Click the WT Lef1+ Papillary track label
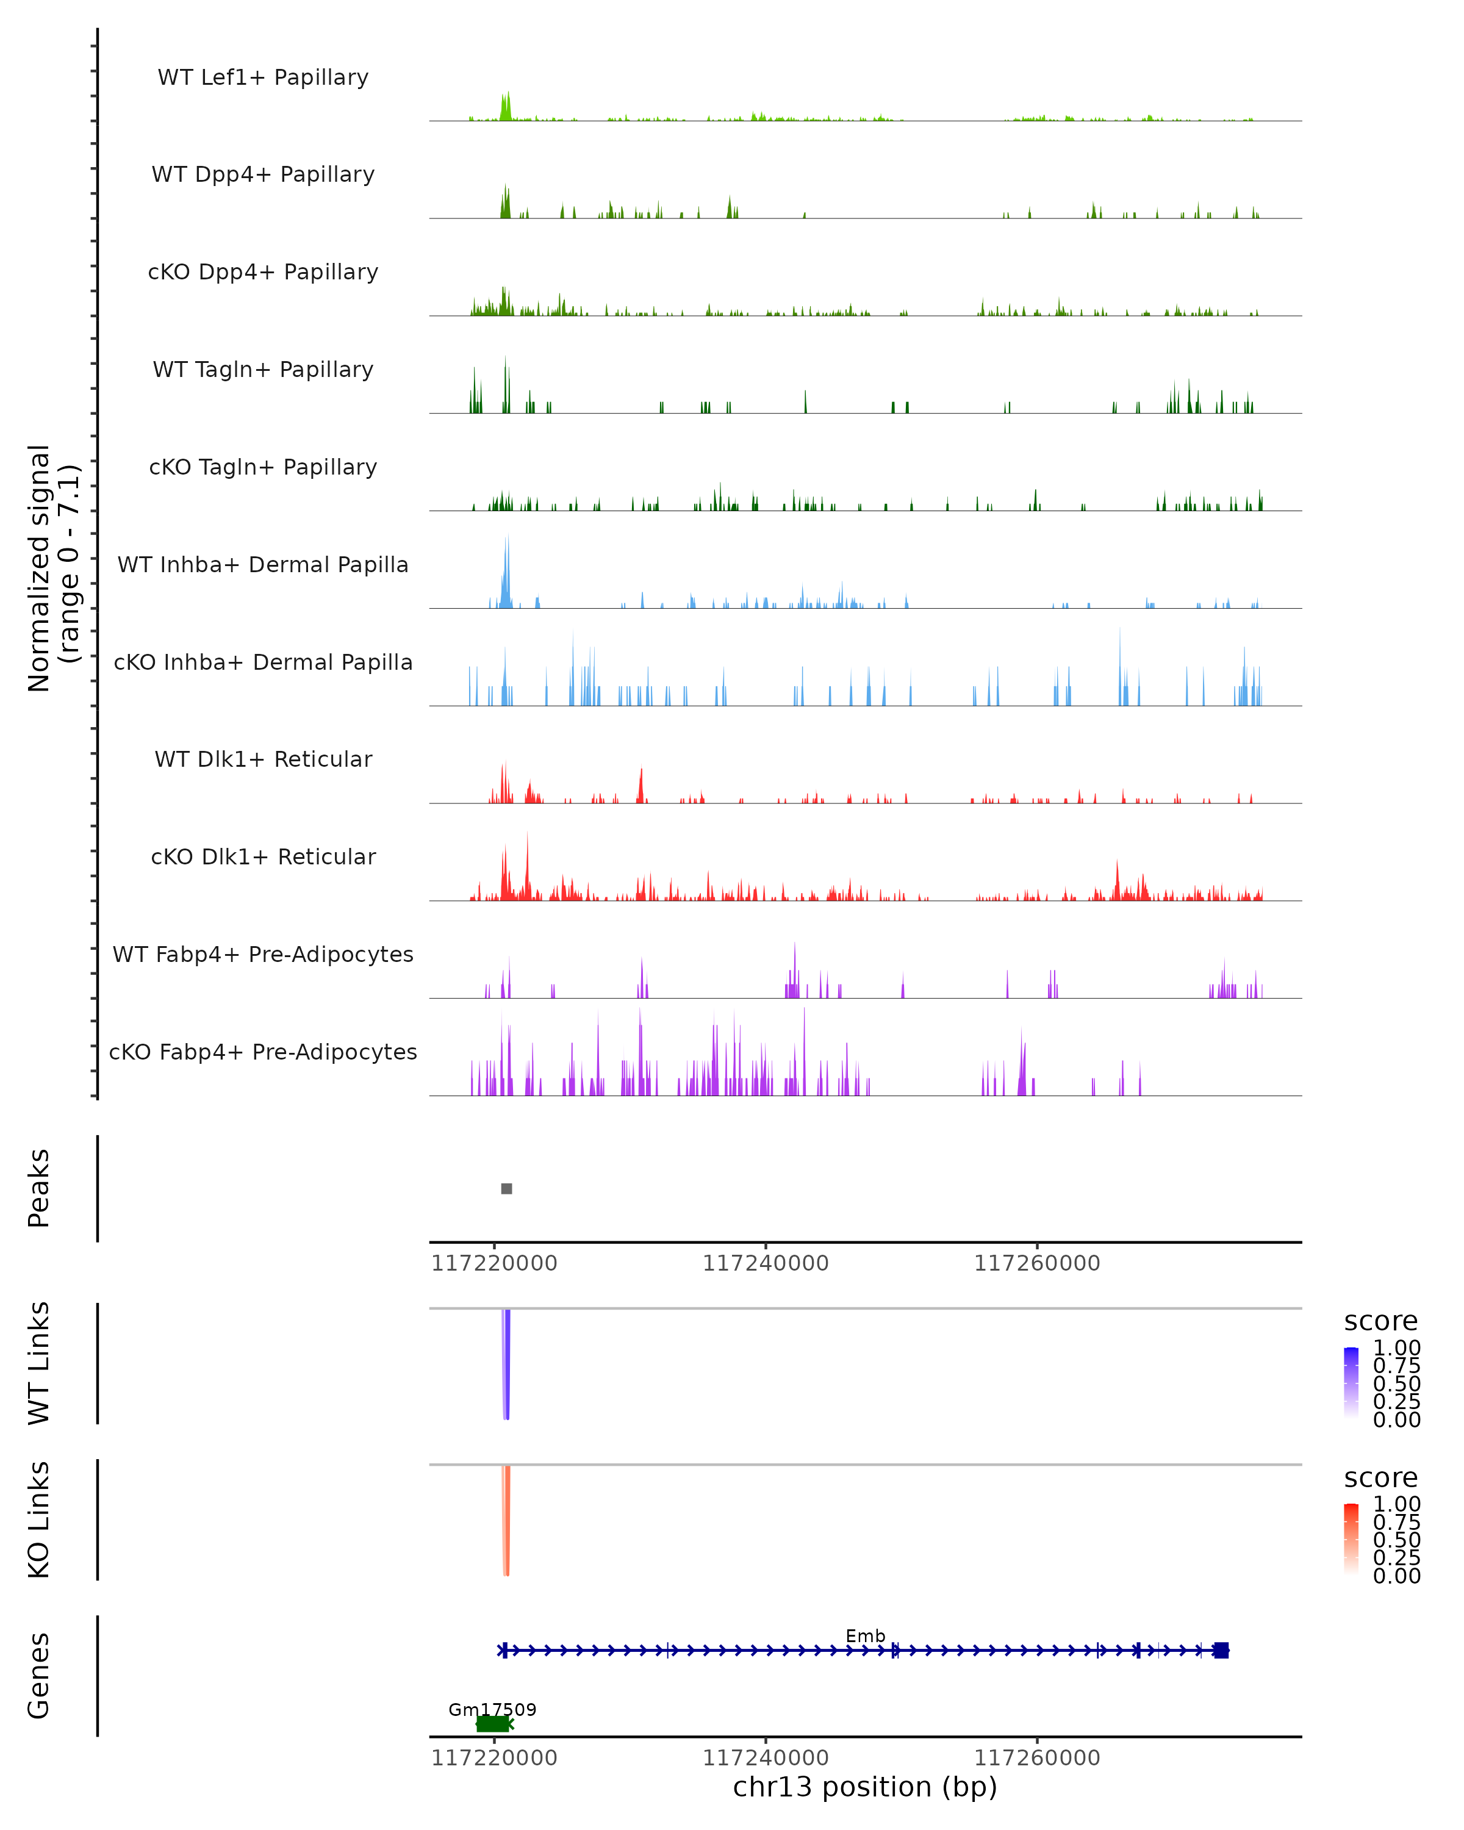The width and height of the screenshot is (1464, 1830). (263, 77)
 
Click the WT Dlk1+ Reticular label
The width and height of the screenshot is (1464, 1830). (263, 759)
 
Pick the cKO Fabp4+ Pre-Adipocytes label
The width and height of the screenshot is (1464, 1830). (263, 1052)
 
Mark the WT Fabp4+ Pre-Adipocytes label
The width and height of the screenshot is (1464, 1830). (263, 954)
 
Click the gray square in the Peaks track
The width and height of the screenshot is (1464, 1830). (507, 1188)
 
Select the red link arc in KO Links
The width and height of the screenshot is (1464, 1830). (507, 1520)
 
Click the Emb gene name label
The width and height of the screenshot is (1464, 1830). (865, 1635)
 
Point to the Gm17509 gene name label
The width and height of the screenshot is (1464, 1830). (492, 1709)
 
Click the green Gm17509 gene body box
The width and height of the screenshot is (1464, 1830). (492, 1724)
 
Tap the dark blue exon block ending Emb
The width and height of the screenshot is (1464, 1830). (1221, 1650)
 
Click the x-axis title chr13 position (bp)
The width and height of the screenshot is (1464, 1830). (865, 1787)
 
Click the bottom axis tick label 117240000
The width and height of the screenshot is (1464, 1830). (766, 1757)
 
